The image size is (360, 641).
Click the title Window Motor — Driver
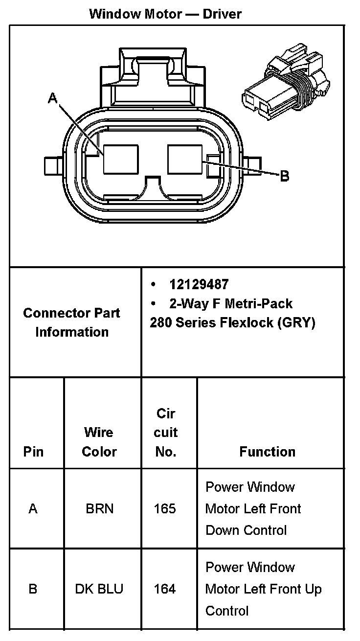tap(165, 14)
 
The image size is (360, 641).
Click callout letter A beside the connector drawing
tap(53, 99)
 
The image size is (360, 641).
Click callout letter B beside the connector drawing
tap(285, 176)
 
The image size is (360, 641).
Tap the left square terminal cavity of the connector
tap(120, 159)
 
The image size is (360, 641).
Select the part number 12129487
tap(199, 284)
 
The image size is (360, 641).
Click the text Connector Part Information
tap(71, 322)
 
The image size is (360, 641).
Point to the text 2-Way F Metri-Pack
tap(230, 303)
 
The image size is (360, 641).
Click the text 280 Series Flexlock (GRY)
tap(232, 323)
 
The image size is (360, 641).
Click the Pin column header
tap(33, 452)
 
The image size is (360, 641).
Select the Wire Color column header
tap(99, 442)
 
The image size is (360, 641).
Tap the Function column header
tap(268, 452)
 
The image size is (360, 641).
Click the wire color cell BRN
tap(99, 509)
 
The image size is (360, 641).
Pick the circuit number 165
tap(164, 509)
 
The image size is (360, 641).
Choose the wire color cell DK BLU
tap(99, 589)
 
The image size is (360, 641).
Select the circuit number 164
tap(164, 589)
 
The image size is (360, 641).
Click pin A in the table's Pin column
tap(33, 509)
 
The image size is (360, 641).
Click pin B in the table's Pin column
tap(33, 589)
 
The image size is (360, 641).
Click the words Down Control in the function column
tap(246, 530)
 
